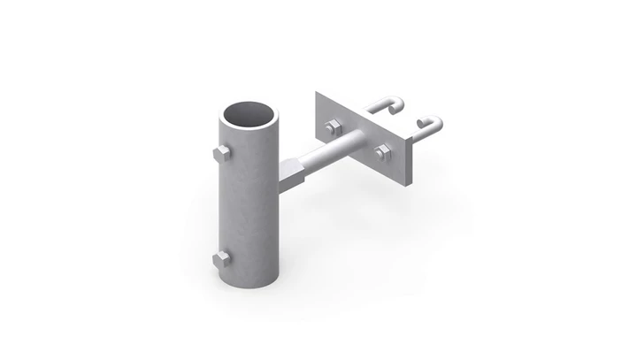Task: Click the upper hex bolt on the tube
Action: [x=221, y=155]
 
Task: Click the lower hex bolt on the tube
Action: [x=221, y=259]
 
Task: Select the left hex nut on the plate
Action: [x=333, y=127]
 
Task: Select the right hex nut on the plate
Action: [x=382, y=152]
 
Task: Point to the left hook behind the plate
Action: [x=388, y=106]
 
